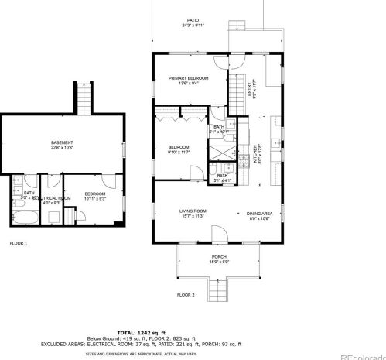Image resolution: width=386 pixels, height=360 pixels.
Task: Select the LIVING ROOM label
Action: [171, 211]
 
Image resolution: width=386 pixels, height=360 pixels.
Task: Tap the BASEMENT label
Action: [62, 142]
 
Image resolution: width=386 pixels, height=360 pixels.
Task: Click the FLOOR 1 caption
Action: [18, 243]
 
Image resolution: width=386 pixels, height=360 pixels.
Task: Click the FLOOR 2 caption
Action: [186, 294]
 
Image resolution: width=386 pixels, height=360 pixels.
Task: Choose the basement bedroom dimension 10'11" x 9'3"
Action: [95, 199]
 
